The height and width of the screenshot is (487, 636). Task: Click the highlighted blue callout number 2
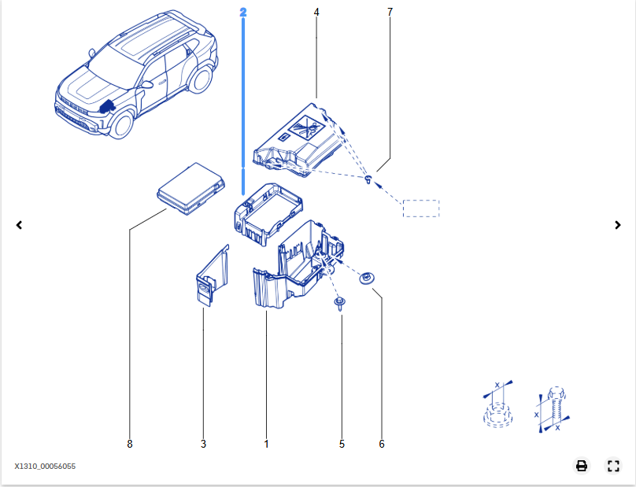tap(243, 12)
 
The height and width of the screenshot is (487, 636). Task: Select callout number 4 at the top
tap(316, 12)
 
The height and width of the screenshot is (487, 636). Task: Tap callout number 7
tap(390, 12)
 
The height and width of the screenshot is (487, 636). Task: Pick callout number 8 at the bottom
tap(130, 444)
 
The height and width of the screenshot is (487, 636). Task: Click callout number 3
tap(203, 444)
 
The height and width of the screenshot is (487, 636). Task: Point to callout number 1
tap(267, 444)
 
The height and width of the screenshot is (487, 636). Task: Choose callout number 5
tap(342, 444)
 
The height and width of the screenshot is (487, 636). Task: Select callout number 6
tap(382, 444)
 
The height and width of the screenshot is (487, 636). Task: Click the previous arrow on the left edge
tap(19, 225)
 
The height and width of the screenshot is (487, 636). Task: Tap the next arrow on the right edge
tap(618, 225)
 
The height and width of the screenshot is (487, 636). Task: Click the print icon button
tap(582, 466)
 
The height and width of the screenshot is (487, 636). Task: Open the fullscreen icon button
tap(613, 466)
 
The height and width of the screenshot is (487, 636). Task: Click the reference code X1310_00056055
tap(45, 467)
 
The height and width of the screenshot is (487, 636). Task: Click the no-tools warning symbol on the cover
tap(307, 127)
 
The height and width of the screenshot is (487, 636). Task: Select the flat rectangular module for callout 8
tap(190, 189)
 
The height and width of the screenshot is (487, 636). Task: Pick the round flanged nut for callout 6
tap(367, 279)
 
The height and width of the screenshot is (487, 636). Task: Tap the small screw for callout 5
tap(339, 304)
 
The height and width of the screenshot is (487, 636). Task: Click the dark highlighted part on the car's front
tap(108, 106)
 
